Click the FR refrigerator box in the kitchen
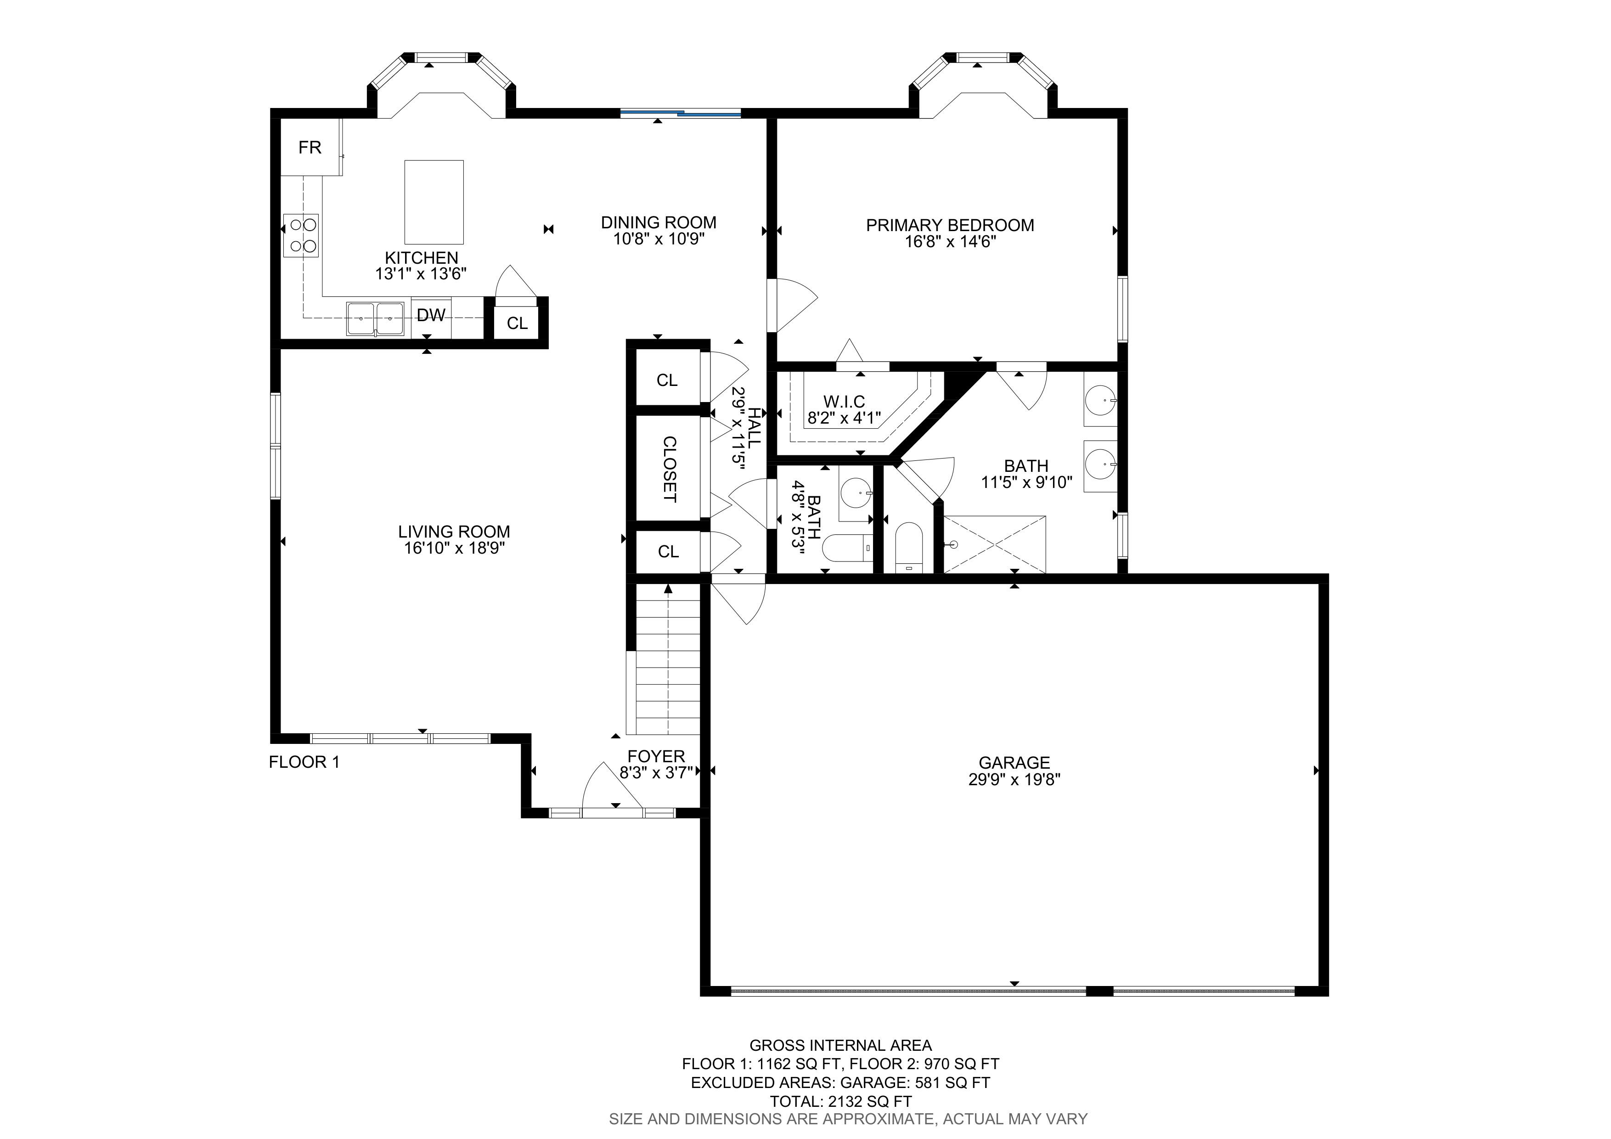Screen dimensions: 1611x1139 tap(311, 147)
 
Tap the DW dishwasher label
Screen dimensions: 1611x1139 tap(431, 315)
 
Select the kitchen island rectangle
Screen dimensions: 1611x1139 tap(434, 202)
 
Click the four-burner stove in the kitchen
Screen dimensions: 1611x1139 tap(301, 236)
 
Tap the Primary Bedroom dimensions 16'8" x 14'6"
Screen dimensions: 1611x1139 tap(950, 242)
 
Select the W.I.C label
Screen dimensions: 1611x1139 tap(844, 402)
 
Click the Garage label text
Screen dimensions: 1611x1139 tap(1014, 762)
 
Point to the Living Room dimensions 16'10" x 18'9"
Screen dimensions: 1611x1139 tap(454, 548)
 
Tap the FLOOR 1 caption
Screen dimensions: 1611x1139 tap(304, 762)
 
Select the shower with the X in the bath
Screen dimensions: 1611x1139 tap(994, 544)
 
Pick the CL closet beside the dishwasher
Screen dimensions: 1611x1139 tap(517, 323)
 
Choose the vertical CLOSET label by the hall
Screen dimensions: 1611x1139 tap(670, 470)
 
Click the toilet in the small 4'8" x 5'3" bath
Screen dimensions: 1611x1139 tap(847, 548)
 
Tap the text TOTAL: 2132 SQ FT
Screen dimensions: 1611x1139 tap(840, 1101)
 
